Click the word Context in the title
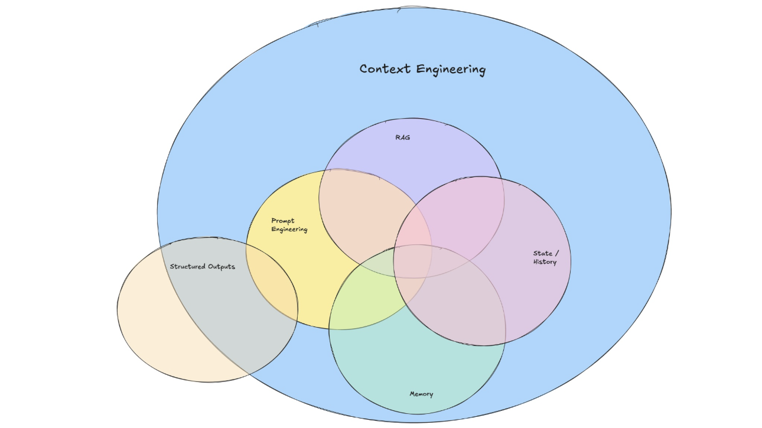pyautogui.click(x=386, y=69)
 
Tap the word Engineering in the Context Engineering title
pyautogui.click(x=451, y=70)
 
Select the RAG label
pyautogui.click(x=403, y=138)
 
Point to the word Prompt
pyautogui.click(x=283, y=221)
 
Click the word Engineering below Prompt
pyautogui.click(x=289, y=229)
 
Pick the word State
pyautogui.click(x=543, y=253)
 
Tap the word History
pyautogui.click(x=545, y=262)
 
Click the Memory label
pyautogui.click(x=421, y=394)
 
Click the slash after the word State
pyautogui.click(x=557, y=253)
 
